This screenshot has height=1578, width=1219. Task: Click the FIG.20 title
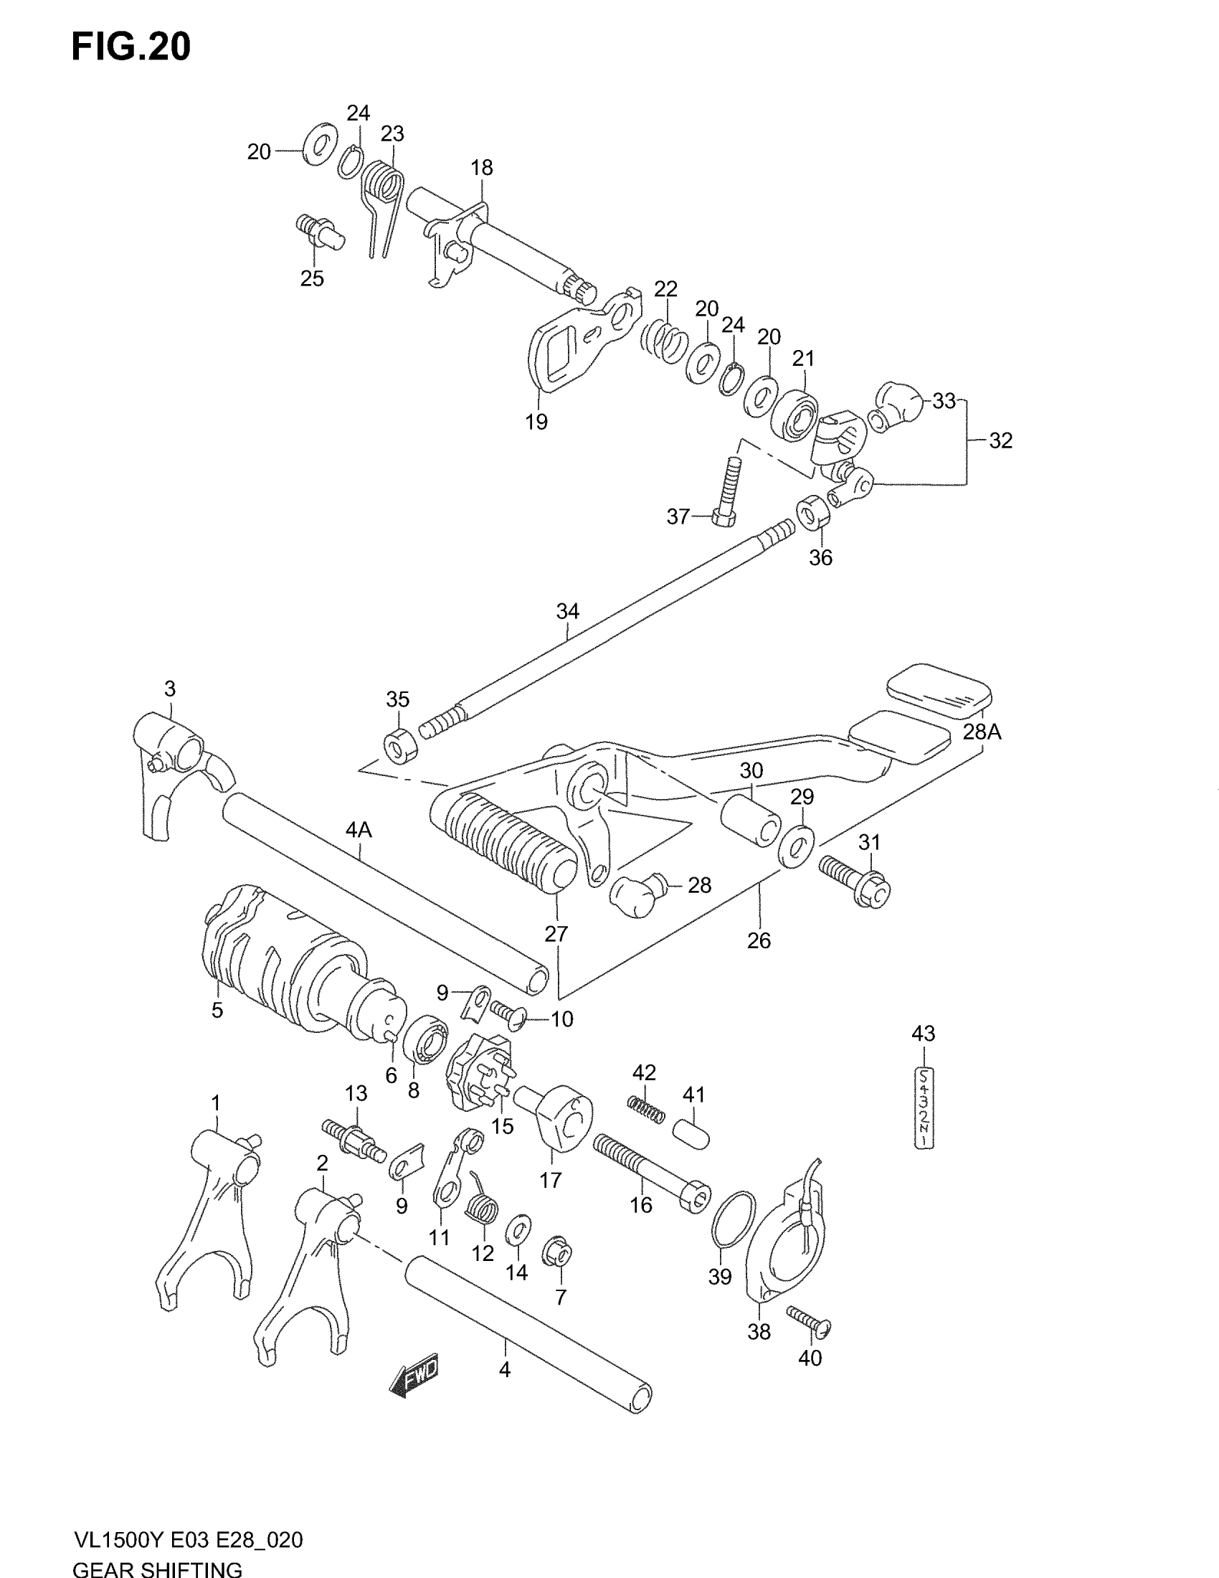[131, 47]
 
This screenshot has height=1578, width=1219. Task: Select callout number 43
[923, 1034]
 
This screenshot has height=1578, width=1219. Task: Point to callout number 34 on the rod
[568, 612]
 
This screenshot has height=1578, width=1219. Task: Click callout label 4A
[359, 830]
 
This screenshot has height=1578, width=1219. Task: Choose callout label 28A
[982, 732]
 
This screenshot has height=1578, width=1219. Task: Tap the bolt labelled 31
[855, 881]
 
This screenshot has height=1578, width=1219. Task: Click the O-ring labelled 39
[733, 1219]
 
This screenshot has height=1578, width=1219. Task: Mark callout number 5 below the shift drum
[217, 1010]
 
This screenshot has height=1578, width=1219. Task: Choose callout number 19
[536, 422]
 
